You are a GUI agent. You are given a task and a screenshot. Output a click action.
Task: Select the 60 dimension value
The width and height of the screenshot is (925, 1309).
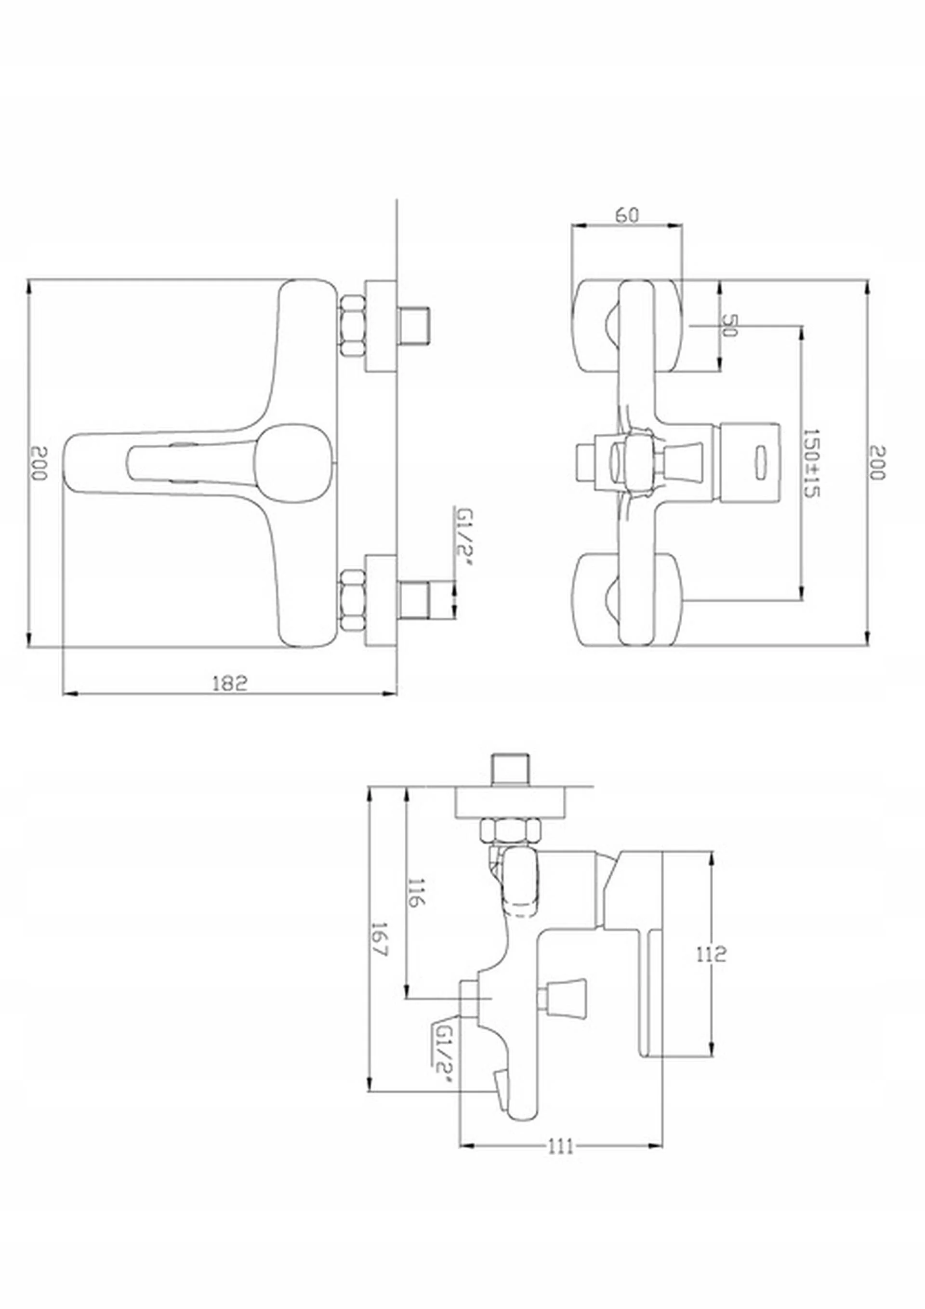pyautogui.click(x=627, y=215)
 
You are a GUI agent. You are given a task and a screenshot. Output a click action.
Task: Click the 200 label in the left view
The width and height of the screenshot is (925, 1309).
pyautogui.click(x=38, y=463)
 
